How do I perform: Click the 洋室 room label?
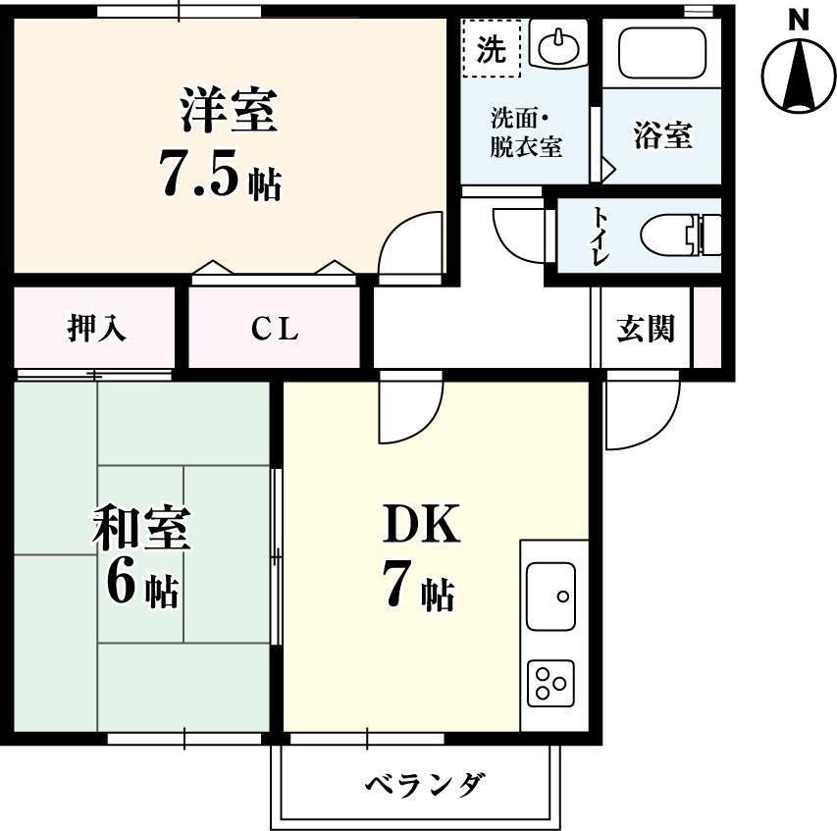click(x=229, y=110)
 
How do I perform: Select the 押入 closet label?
click(x=96, y=329)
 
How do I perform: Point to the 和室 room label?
click(x=141, y=530)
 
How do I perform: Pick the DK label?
click(x=420, y=528)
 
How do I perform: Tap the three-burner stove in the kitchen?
click(x=550, y=683)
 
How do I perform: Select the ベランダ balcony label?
click(x=425, y=785)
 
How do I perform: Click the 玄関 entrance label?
click(x=645, y=329)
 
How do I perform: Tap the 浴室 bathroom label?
click(x=661, y=135)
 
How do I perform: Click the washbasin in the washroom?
click(x=558, y=45)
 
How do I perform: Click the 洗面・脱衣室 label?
click(x=525, y=133)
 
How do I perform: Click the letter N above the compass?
click(x=800, y=17)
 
